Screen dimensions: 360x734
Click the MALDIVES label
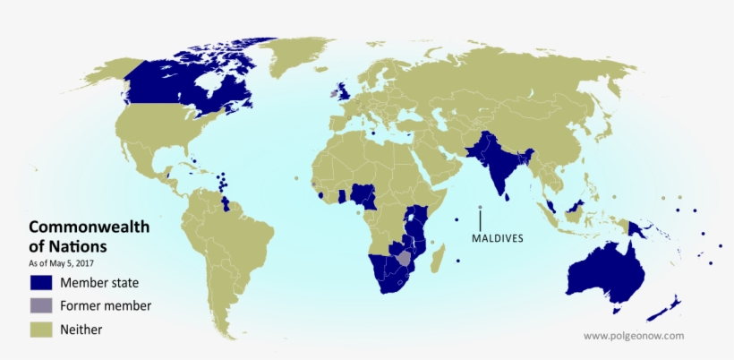(x=498, y=239)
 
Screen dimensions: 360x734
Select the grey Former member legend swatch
(x=41, y=306)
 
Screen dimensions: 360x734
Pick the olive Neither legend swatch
(x=41, y=330)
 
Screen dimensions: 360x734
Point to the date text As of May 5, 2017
(x=61, y=263)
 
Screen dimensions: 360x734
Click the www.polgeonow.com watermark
(x=633, y=336)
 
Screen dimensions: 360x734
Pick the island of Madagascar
(x=439, y=260)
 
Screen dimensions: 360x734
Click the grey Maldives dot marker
(x=480, y=208)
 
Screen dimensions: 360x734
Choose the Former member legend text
(x=106, y=306)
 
